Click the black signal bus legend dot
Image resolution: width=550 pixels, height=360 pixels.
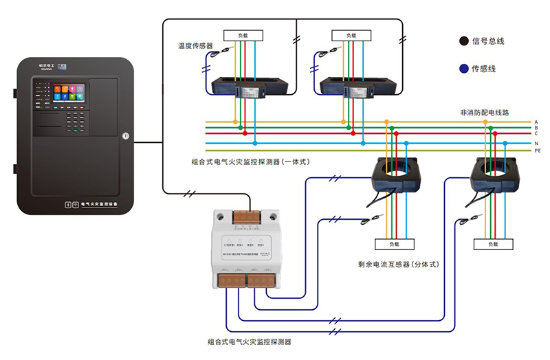(x=464, y=41)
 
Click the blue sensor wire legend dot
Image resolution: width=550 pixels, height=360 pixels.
(x=464, y=69)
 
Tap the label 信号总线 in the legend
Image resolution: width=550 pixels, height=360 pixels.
(x=489, y=41)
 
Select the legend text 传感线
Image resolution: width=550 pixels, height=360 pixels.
(x=484, y=69)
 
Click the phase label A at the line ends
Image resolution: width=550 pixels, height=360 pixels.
(x=536, y=122)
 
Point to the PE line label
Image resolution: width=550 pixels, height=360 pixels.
(x=537, y=150)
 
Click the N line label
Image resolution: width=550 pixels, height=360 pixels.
(x=536, y=143)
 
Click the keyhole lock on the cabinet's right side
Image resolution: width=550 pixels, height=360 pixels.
(x=124, y=135)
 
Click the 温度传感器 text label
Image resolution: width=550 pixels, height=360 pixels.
(x=196, y=46)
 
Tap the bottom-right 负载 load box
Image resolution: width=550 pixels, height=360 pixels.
(x=493, y=244)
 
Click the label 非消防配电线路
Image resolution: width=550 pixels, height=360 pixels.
(x=485, y=111)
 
